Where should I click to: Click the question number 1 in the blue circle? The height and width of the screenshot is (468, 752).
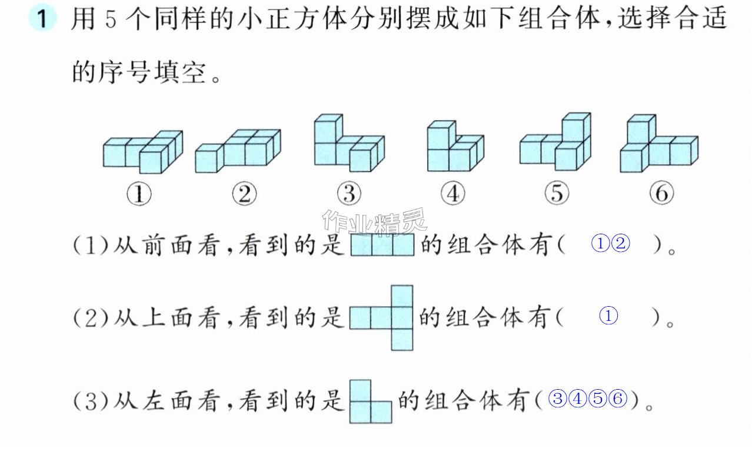[x=42, y=18]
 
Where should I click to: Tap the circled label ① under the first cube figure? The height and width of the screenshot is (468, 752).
[x=139, y=194]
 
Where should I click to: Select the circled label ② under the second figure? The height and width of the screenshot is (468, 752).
[x=244, y=194]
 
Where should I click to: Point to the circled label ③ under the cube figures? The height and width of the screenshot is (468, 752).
[x=349, y=193]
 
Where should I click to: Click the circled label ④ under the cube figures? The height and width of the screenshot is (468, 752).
[x=453, y=193]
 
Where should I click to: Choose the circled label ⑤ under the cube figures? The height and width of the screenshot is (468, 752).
[x=557, y=193]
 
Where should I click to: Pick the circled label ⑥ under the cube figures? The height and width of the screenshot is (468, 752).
[x=662, y=193]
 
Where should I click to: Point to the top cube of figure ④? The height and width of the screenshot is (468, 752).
[x=441, y=135]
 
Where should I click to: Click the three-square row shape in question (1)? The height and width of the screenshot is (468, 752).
[x=382, y=245]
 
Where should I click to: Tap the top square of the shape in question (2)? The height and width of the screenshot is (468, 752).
[x=402, y=296]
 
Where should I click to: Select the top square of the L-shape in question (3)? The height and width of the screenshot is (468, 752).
[x=360, y=390]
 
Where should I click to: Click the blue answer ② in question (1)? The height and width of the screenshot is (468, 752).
[x=621, y=243]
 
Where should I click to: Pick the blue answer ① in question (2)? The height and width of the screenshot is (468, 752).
[x=608, y=316]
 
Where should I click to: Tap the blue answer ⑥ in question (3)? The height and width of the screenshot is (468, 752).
[x=618, y=399]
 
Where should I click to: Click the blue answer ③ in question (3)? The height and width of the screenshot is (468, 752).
[x=558, y=399]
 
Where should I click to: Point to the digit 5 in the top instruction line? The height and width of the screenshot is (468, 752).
[x=111, y=19]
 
